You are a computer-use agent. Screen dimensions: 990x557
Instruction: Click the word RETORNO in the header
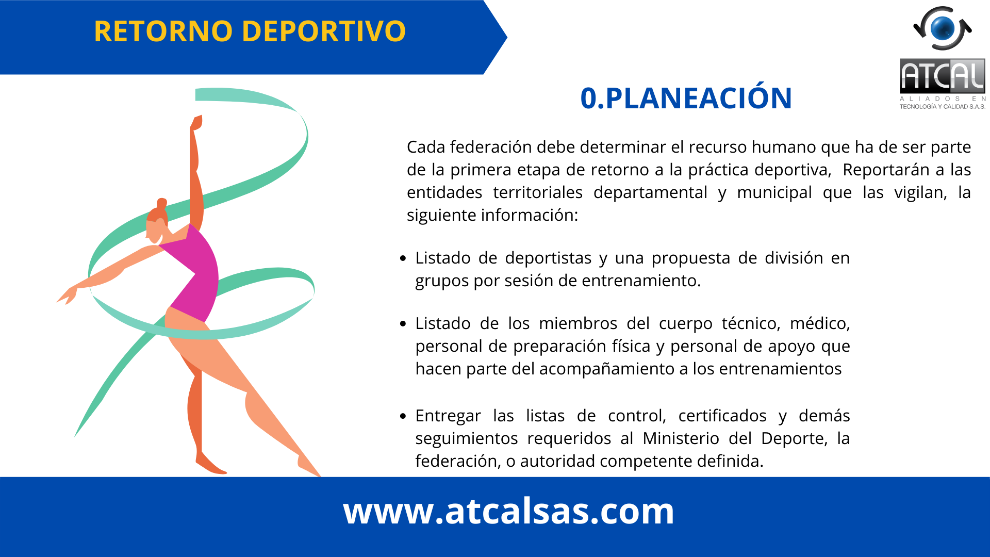pos(163,31)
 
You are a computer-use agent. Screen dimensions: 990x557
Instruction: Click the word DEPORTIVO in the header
pos(324,31)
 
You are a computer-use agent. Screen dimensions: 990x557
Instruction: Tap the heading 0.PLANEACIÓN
pos(686,98)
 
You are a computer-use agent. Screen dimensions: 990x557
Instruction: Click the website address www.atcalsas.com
pos(508,511)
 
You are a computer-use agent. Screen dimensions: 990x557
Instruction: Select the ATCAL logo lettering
pos(942,76)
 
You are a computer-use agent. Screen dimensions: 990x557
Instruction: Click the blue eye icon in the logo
pos(943,28)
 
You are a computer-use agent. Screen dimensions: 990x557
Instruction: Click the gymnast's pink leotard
pos(193,273)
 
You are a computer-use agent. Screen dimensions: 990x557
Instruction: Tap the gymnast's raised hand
pos(196,122)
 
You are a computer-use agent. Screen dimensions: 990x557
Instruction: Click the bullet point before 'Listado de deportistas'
pos(403,258)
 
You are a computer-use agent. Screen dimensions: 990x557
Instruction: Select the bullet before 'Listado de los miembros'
pos(403,324)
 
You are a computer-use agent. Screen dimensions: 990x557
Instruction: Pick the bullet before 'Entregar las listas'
pos(403,416)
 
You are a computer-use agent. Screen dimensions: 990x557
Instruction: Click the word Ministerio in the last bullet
pos(681,438)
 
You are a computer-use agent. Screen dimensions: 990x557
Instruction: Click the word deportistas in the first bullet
pos(548,258)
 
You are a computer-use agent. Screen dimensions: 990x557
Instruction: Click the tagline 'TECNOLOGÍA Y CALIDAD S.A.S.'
pos(942,107)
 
